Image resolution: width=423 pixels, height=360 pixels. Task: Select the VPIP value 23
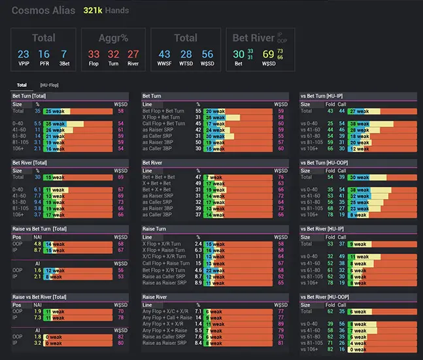pyautogui.click(x=24, y=54)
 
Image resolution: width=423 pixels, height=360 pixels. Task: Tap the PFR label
pyautogui.click(x=44, y=65)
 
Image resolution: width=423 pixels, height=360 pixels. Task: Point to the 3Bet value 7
pyautogui.click(x=63, y=54)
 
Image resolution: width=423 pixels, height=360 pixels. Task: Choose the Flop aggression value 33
pyautogui.click(x=94, y=54)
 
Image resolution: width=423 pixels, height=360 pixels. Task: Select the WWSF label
pyautogui.click(x=165, y=65)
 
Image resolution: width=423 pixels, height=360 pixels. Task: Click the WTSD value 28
pyautogui.click(x=186, y=54)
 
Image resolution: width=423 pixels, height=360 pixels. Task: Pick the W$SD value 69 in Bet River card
pyautogui.click(x=267, y=54)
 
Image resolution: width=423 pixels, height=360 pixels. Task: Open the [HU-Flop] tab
pyautogui.click(x=48, y=84)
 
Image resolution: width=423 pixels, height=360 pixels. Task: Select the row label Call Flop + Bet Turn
pyautogui.click(x=163, y=123)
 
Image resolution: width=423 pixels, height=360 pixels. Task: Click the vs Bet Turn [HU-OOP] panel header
pyautogui.click(x=331, y=162)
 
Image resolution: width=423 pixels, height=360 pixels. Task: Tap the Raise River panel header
pyautogui.click(x=158, y=296)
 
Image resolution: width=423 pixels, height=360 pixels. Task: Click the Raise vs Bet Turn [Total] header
pyautogui.click(x=40, y=228)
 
